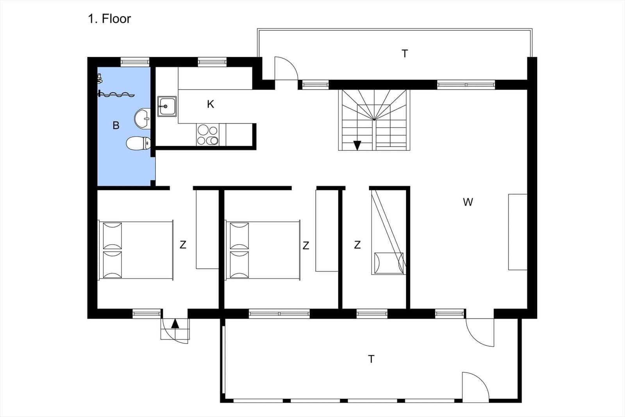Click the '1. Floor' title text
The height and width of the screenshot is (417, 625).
pos(109,19)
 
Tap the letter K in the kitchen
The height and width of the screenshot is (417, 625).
pos(211,104)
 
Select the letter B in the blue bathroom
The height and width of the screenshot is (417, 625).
pos(116,125)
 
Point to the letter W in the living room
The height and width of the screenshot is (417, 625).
pos(468,202)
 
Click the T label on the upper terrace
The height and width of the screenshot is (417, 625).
pos(405,53)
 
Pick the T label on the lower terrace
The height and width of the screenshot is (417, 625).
pos(371,359)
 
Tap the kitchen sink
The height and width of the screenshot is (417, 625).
pos(167,106)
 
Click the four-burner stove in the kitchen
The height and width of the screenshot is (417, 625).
pos(207,135)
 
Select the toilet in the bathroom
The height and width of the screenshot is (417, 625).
pos(138,143)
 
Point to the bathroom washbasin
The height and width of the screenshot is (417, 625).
pos(142,119)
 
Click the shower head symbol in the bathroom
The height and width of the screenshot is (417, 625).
pos(99,78)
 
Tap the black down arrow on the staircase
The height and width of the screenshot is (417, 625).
pos(357,145)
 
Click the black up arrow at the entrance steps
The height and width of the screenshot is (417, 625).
pos(175,324)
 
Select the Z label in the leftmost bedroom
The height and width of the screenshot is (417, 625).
pos(183,245)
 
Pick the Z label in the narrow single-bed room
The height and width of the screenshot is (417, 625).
pos(357,245)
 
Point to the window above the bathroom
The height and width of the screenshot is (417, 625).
pos(135,62)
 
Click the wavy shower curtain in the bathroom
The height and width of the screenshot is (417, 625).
pos(116,94)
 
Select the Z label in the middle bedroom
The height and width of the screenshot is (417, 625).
pos(306,245)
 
